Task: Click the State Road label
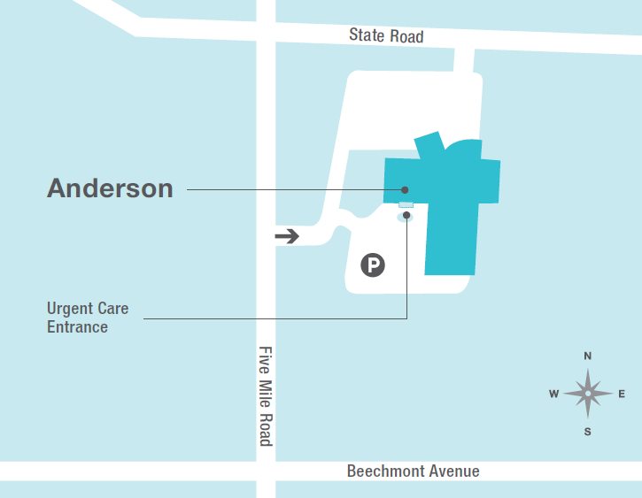pyautogui.click(x=386, y=36)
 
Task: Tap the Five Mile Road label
pyautogui.click(x=266, y=395)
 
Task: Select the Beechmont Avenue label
pyautogui.click(x=413, y=471)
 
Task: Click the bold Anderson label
pyautogui.click(x=110, y=188)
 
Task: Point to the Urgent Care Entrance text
pyautogui.click(x=87, y=318)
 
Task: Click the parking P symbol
pyautogui.click(x=373, y=264)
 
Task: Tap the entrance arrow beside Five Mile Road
pyautogui.click(x=287, y=236)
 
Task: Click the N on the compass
pyautogui.click(x=587, y=356)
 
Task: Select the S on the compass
pyautogui.click(x=587, y=432)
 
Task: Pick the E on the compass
pyautogui.click(x=622, y=394)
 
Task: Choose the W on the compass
pyautogui.click(x=553, y=394)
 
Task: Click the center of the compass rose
pyautogui.click(x=587, y=394)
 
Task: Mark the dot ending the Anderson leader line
pyautogui.click(x=405, y=189)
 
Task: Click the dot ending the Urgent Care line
pyautogui.click(x=406, y=215)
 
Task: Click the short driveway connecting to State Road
pyautogui.click(x=463, y=61)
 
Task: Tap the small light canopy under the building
pyautogui.click(x=406, y=205)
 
